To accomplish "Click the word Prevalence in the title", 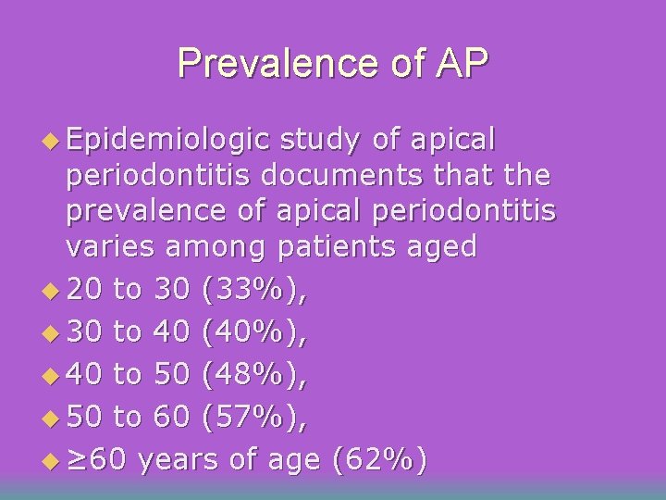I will pos(267,64).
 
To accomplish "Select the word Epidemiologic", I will pos(167,141).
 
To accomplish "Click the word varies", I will pos(110,246).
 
